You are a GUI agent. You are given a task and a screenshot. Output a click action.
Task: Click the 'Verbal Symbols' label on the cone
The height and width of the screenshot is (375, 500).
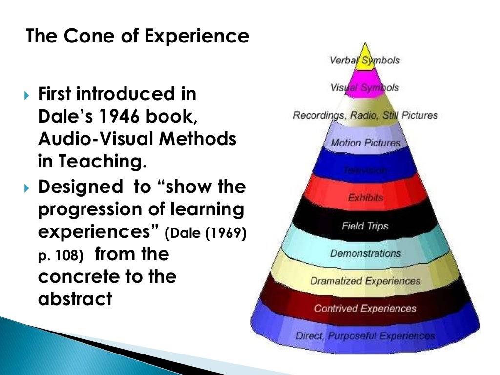pos(365,61)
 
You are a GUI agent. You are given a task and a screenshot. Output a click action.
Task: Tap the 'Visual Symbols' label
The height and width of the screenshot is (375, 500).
pos(365,88)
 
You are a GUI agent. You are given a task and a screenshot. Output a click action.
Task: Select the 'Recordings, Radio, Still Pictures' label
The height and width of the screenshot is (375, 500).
pos(365,116)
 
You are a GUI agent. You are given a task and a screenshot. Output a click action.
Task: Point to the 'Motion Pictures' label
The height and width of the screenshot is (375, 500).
pos(365,143)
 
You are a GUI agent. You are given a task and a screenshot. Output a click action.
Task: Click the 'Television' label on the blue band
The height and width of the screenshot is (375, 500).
pos(365,170)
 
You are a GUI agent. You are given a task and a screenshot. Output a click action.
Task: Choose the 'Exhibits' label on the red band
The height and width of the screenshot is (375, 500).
pos(365,198)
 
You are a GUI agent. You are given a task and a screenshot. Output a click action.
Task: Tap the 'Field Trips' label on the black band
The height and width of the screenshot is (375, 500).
pos(365,226)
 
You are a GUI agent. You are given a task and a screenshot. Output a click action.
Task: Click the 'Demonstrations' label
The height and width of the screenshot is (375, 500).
pos(365,253)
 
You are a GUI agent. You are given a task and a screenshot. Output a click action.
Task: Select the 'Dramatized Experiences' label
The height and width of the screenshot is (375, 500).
pos(365,281)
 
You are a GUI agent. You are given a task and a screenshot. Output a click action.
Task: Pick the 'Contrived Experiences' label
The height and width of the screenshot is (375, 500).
pos(365,309)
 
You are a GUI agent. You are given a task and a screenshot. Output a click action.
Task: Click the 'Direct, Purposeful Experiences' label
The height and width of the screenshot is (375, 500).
pos(365,336)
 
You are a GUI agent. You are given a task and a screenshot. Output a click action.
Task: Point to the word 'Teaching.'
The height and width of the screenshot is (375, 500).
pos(105,162)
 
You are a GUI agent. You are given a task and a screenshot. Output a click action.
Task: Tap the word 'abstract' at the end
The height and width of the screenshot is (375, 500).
pos(75,298)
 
